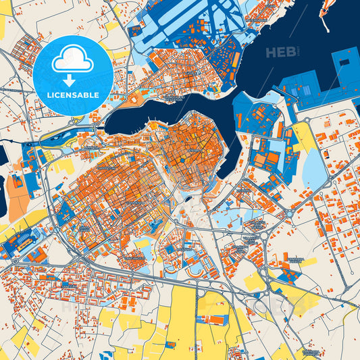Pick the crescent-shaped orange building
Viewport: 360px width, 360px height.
pyautogui.click(x=196, y=267)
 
